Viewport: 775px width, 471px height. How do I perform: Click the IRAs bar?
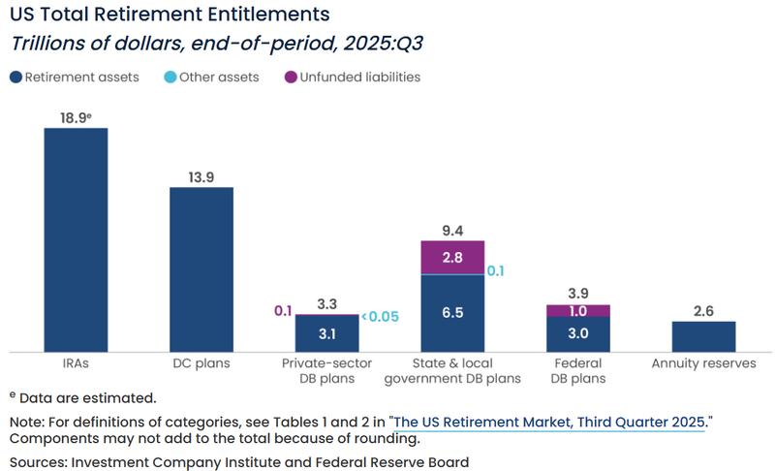(76, 239)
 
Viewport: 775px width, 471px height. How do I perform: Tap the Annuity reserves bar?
(703, 336)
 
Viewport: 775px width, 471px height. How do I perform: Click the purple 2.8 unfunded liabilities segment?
(452, 258)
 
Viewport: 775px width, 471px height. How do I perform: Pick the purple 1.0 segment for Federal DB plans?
(578, 310)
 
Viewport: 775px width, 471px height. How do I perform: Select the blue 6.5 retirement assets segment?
(452, 313)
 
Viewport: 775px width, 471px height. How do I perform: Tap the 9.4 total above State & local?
(452, 229)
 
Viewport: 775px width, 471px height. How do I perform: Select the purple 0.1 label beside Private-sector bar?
(282, 310)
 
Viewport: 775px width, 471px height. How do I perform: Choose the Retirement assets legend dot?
(15, 77)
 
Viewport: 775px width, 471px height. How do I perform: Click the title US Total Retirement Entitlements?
(170, 15)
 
